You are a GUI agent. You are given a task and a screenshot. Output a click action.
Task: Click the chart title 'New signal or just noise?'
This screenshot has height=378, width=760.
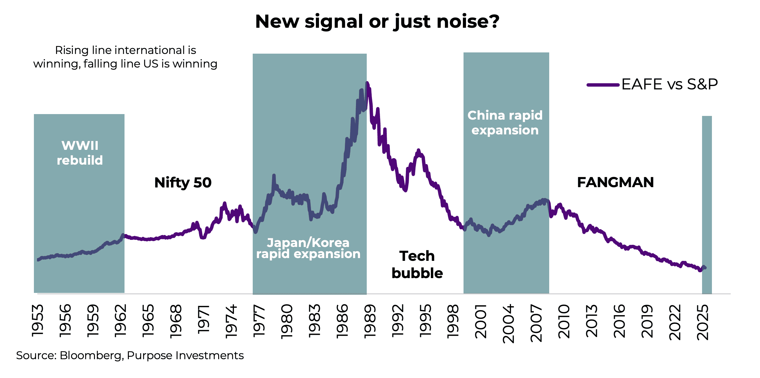tap(377, 22)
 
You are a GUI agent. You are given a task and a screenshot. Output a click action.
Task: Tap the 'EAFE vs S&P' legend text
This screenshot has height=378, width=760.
tap(669, 84)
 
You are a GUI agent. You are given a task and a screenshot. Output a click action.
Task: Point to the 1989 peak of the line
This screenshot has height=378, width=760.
tap(367, 83)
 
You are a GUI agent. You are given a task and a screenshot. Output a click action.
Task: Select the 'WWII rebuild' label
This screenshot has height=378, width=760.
tap(80, 153)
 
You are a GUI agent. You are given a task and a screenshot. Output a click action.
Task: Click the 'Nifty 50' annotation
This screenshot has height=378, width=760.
tap(183, 183)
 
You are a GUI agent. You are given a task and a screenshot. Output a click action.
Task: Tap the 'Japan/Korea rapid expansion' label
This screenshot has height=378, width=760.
tap(308, 248)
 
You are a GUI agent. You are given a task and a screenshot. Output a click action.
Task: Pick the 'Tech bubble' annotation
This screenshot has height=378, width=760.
tap(417, 265)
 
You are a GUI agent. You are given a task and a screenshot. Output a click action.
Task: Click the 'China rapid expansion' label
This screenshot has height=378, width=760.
tap(505, 123)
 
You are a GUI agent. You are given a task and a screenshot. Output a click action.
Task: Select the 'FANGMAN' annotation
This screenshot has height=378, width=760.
tap(615, 183)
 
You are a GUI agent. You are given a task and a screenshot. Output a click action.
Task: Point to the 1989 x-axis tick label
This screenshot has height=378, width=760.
tap(370, 321)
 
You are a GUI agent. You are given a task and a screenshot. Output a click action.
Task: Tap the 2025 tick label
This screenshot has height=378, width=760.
tap(703, 322)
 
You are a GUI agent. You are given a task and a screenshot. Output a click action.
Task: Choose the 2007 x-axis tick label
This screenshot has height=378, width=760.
tap(536, 323)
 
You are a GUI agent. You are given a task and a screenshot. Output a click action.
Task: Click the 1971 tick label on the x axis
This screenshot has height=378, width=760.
tap(204, 320)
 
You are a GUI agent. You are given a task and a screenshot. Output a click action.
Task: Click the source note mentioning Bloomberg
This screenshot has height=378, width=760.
tap(130, 355)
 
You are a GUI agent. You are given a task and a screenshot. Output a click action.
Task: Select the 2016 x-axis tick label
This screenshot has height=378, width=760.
tap(619, 321)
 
